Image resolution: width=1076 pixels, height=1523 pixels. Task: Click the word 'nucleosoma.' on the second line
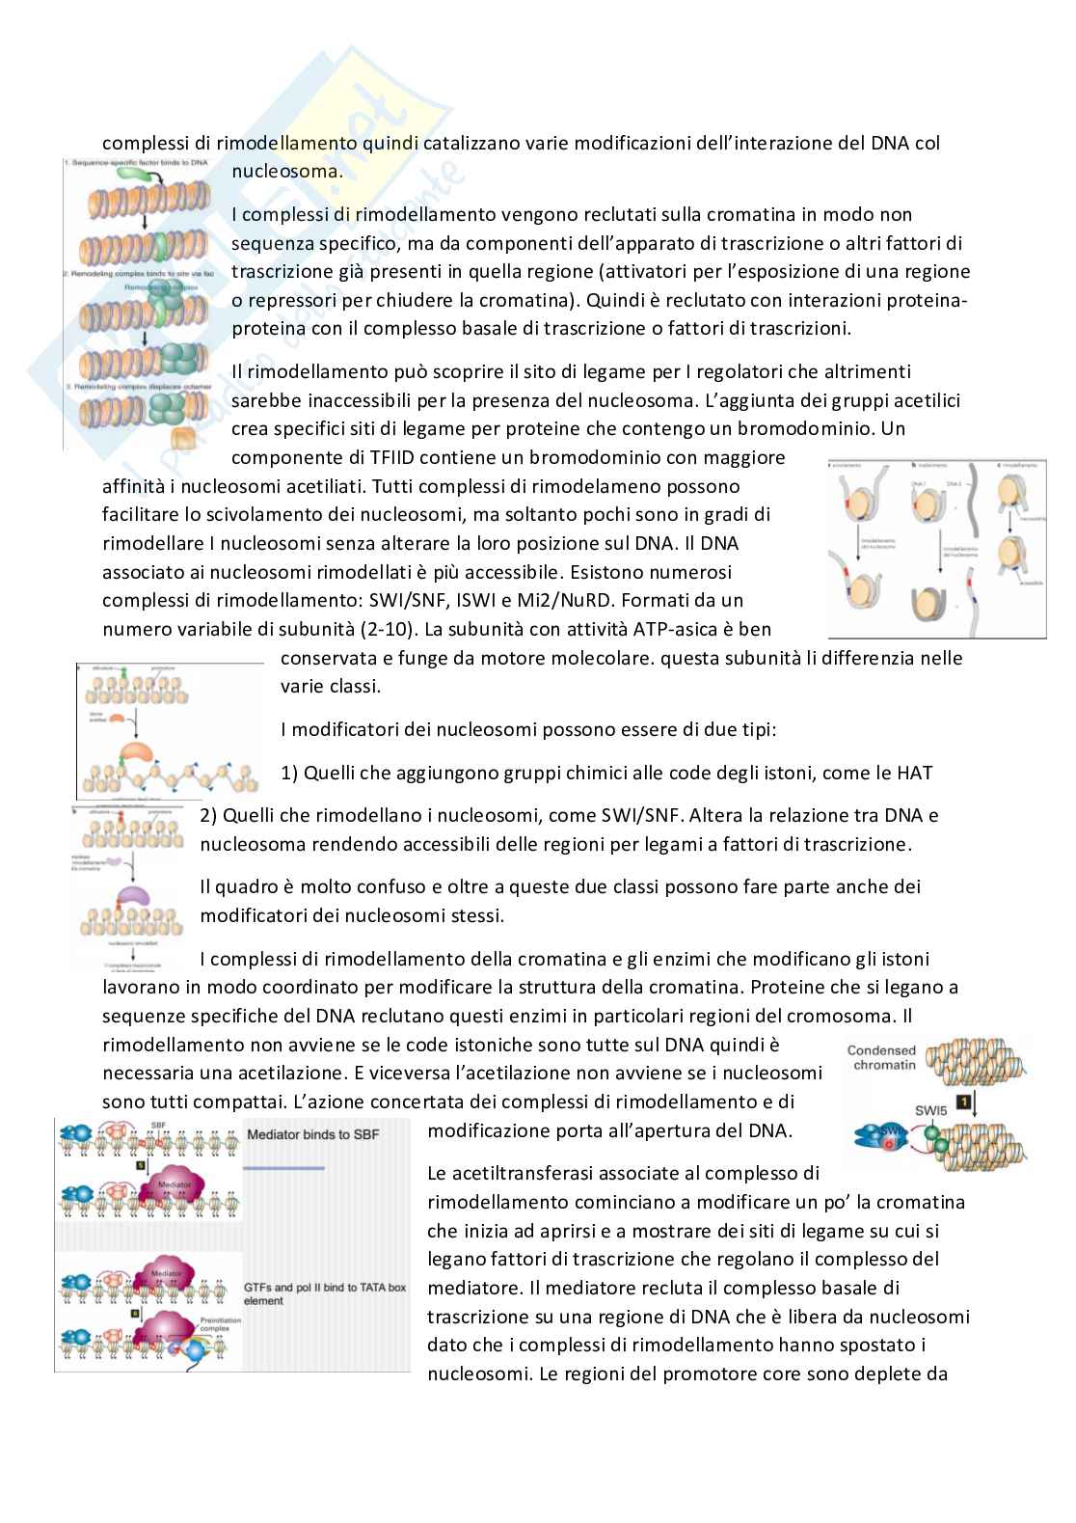pyautogui.click(x=287, y=173)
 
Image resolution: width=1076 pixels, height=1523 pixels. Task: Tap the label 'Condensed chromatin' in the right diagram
pyautogui.click(x=882, y=1057)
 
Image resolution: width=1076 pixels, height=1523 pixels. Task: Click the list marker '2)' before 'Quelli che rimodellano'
pyautogui.click(x=209, y=815)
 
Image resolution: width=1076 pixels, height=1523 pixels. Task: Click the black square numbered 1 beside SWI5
pyautogui.click(x=960, y=1101)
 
